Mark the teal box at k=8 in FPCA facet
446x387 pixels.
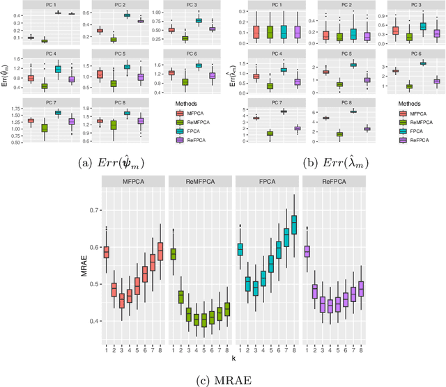click(293, 225)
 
